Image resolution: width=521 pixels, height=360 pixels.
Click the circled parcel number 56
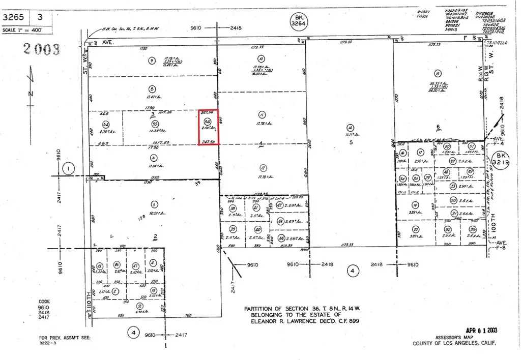click(207, 122)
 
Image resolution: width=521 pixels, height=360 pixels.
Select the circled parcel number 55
click(155, 124)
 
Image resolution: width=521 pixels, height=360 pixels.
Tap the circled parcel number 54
click(106, 124)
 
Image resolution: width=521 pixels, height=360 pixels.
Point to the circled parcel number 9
click(151, 61)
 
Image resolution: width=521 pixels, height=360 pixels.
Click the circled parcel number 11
click(263, 114)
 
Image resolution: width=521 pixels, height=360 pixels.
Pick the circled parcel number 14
click(350, 128)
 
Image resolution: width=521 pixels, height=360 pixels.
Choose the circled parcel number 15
click(100, 265)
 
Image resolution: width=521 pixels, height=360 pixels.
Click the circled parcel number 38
click(233, 208)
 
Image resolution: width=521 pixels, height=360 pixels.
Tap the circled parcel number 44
click(281, 237)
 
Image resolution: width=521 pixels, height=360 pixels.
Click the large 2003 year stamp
click(42, 49)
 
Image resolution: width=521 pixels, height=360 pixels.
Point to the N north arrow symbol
click(31, 93)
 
